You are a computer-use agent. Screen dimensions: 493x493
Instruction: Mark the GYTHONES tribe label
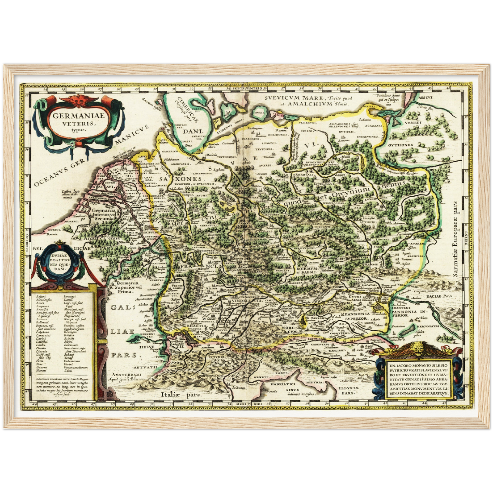(x=400, y=145)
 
